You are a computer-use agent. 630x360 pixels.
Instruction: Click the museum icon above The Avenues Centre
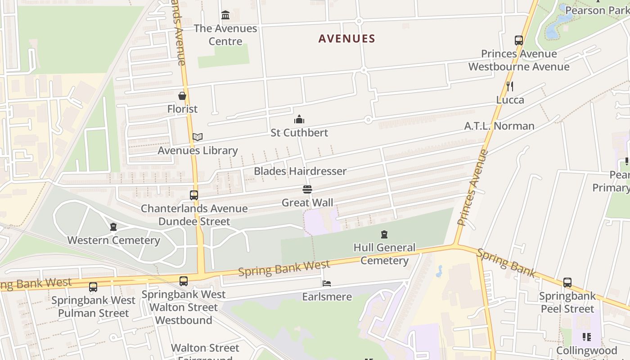coord(225,16)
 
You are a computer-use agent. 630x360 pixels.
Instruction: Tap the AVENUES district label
coord(346,39)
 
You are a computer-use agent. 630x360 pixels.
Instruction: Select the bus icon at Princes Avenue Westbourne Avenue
coord(519,40)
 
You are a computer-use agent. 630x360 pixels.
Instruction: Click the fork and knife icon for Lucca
coord(510,86)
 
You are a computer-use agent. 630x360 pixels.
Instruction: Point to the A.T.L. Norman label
coord(499,126)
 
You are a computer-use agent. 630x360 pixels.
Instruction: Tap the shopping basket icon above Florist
coord(182,96)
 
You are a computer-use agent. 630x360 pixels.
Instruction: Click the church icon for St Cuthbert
coord(299,119)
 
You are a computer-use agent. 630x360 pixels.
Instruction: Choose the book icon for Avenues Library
coord(198,137)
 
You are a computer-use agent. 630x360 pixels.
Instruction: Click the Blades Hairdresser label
coord(300,171)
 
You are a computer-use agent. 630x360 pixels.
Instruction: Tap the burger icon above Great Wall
coord(307,189)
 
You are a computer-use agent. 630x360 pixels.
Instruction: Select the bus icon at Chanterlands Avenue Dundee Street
coord(194,195)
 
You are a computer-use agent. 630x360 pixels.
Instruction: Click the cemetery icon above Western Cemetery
coord(113,227)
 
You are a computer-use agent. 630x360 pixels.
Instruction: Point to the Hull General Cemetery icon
coord(384,234)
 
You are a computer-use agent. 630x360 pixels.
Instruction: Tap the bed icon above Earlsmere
coord(327,283)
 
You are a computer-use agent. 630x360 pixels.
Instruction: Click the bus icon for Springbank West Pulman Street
coord(93,287)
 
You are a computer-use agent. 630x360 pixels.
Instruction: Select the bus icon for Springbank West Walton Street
coord(184,281)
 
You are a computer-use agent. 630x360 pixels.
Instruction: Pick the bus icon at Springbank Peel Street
coord(567,283)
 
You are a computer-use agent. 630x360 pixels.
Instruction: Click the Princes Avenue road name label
coord(472,188)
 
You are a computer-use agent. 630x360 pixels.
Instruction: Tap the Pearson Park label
coord(597,10)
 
